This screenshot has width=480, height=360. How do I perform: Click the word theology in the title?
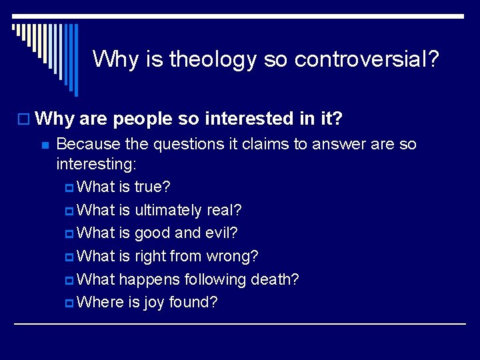[x=213, y=59]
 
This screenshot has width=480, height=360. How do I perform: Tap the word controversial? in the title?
[x=367, y=59]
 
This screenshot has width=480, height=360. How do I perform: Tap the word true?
[x=152, y=187]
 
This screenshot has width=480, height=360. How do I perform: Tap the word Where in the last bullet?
[x=100, y=302]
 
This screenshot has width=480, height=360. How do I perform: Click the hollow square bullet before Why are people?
[x=25, y=120]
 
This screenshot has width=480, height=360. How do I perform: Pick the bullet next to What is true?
[x=71, y=187]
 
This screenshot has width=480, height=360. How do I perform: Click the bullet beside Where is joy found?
[x=71, y=303]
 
